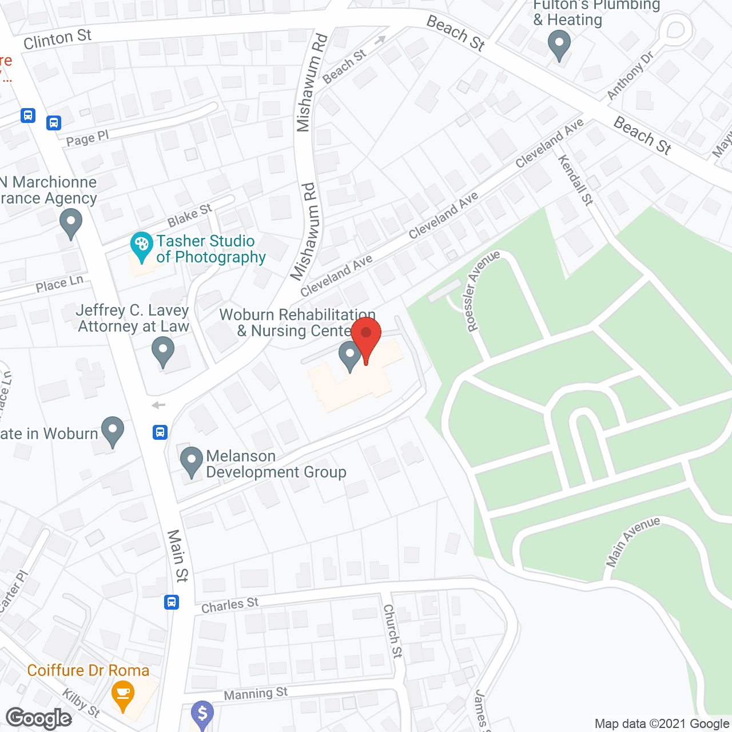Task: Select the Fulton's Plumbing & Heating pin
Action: point(559,44)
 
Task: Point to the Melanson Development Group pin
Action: point(191,460)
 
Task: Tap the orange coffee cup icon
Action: point(123,694)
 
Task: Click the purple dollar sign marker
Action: point(202,714)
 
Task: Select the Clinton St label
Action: point(58,39)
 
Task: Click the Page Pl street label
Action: point(87,138)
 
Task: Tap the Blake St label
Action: point(189,216)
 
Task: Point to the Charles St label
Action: point(230,606)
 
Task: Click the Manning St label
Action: point(256,694)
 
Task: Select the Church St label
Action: point(393,631)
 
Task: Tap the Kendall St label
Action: point(576,180)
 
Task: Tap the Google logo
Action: point(39,718)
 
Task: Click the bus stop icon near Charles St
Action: point(172,602)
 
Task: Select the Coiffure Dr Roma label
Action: point(88,670)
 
